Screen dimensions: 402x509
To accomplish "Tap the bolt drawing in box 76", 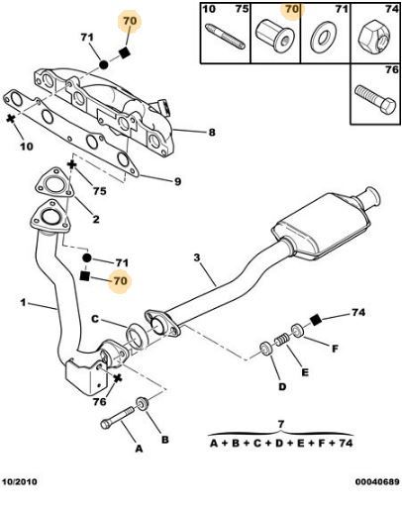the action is pos(375,99).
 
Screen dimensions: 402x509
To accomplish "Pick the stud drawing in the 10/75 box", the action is pos(226,37).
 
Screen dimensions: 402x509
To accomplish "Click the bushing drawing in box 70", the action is pos(274,35).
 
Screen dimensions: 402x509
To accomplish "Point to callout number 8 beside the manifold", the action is pos(212,133).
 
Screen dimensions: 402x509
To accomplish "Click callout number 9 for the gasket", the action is pos(177,181).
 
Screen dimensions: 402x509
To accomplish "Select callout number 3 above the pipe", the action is pos(197,257).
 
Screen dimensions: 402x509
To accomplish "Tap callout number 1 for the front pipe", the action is pos(23,302).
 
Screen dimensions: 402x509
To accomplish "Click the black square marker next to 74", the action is pos(316,320).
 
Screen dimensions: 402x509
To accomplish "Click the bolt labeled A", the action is pos(117,418).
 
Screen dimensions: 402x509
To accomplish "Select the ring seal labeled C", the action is pos(137,336).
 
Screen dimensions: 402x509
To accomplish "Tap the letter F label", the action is pos(335,349).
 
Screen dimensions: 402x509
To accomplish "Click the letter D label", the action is pos(282,386).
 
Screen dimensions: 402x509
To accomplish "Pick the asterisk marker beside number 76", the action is pos(117,378).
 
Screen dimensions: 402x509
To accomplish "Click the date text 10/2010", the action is pos(20,481).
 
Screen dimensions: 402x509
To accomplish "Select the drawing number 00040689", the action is pos(377,481).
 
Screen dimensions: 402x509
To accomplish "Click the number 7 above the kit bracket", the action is pos(281,424).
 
